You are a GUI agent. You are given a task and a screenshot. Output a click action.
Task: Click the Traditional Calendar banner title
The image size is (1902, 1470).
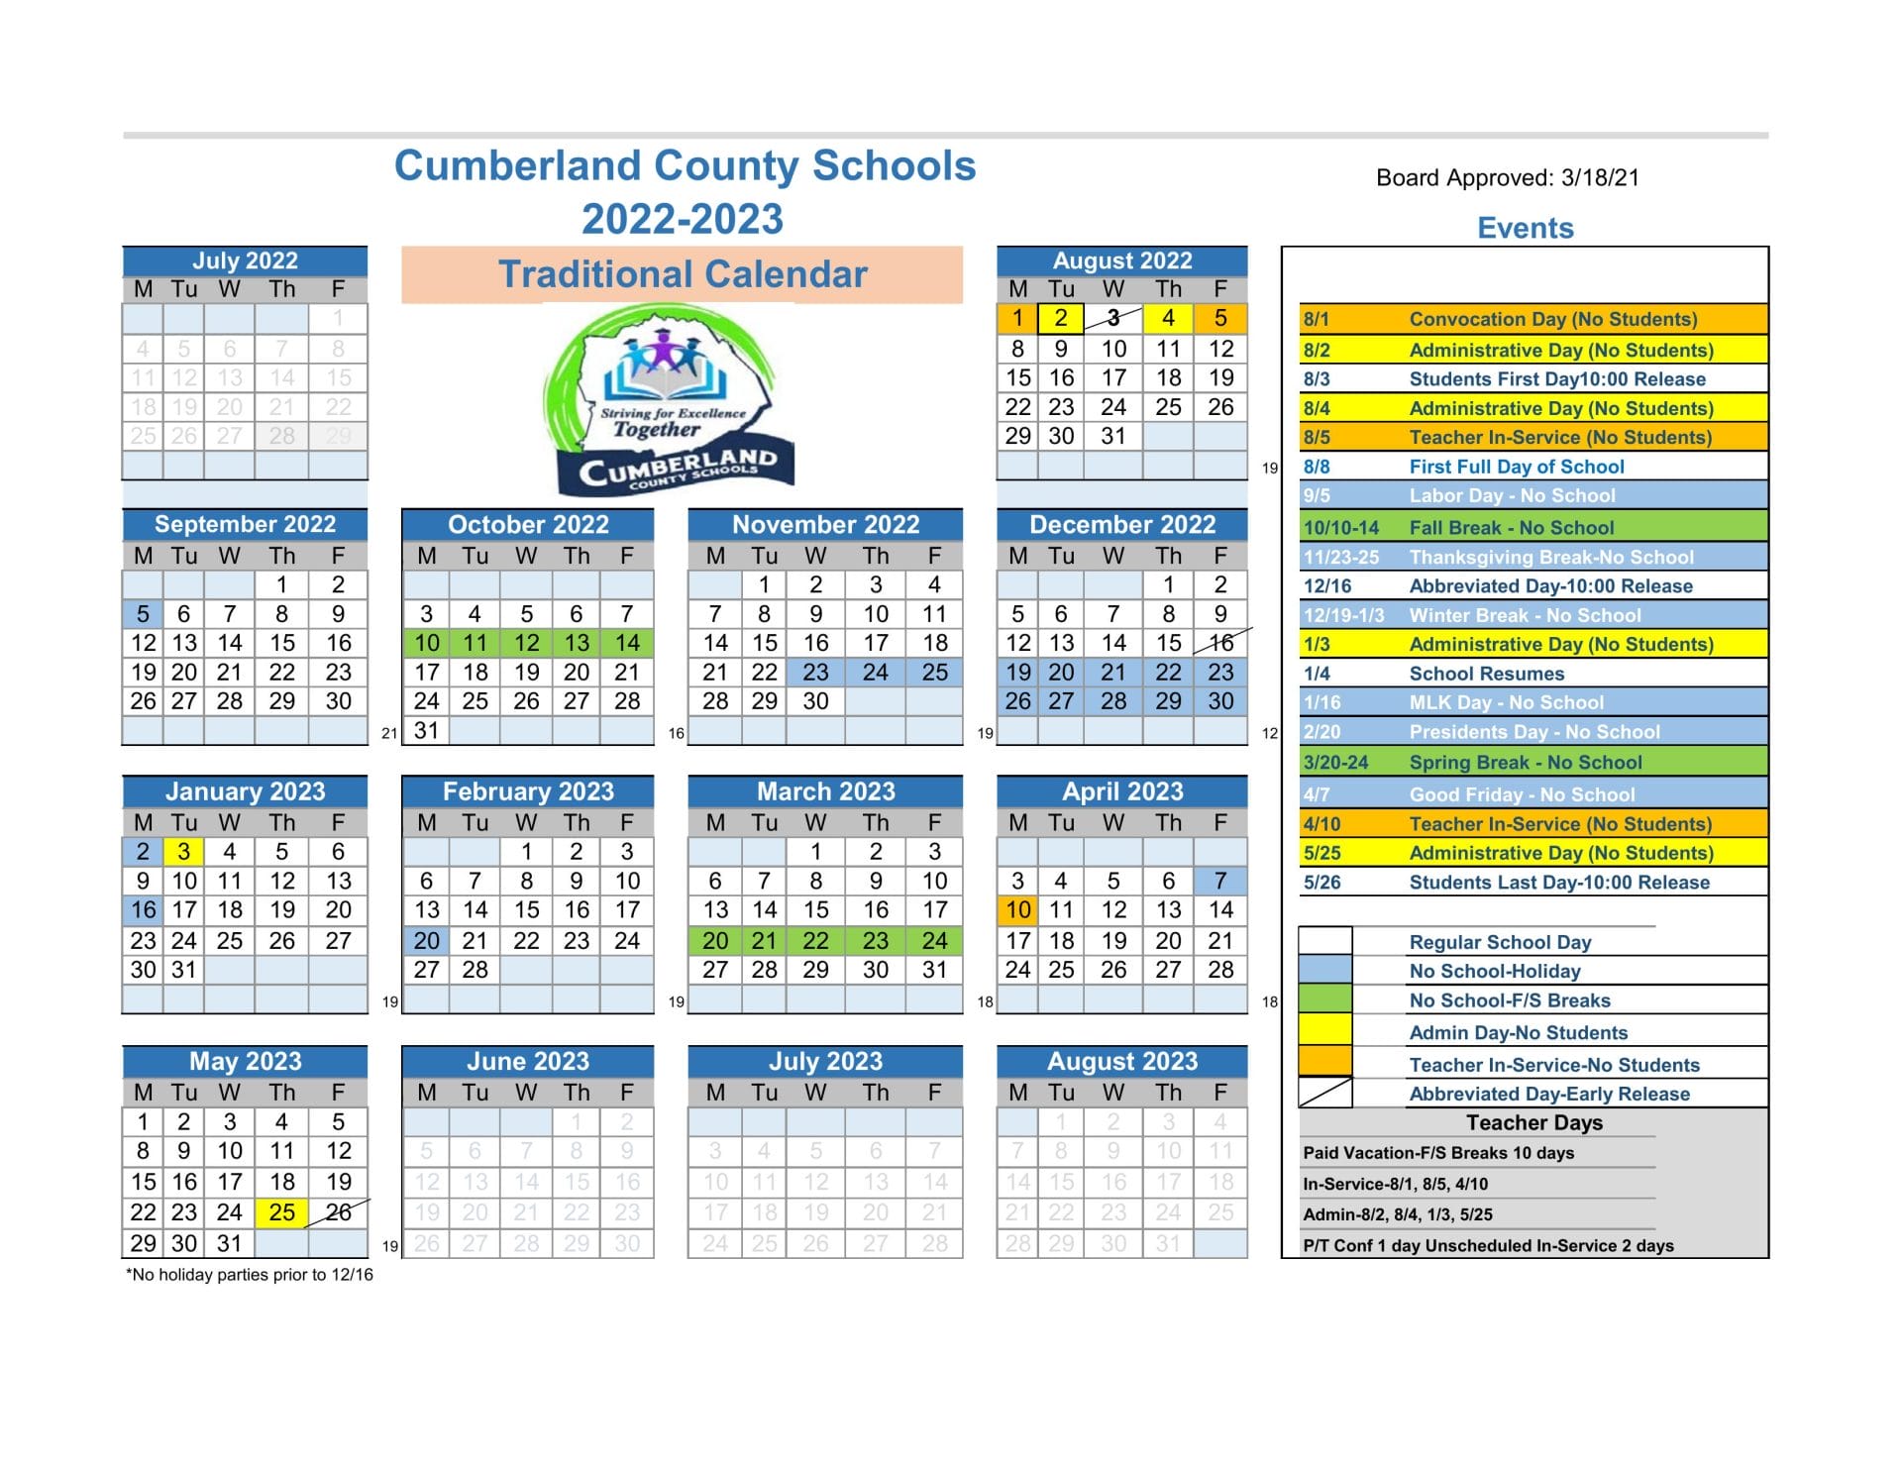pyautogui.click(x=682, y=274)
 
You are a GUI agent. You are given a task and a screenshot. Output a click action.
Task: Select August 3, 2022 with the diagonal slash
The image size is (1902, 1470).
pyautogui.click(x=1112, y=318)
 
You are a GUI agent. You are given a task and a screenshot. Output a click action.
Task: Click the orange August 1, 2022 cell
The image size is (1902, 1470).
pyautogui.click(x=1016, y=318)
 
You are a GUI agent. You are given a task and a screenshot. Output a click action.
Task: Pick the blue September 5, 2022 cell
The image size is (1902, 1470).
pyautogui.click(x=143, y=614)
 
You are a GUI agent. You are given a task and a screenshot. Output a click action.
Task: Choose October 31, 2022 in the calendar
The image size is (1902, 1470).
pyautogui.click(x=426, y=731)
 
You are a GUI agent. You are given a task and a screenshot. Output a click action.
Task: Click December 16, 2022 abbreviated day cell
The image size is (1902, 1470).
pyautogui.click(x=1220, y=643)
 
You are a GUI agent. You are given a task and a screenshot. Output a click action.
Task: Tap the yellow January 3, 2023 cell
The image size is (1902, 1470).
pyautogui.click(x=183, y=852)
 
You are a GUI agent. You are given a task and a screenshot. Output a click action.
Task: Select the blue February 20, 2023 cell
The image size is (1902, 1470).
pyautogui.click(x=426, y=941)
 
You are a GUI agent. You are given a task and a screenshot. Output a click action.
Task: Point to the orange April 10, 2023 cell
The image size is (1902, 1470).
pyautogui.click(x=1017, y=910)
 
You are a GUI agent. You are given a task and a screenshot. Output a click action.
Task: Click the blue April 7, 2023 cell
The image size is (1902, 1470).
pyautogui.click(x=1220, y=881)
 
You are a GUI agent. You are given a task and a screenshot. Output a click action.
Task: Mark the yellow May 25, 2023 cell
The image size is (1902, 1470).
pyautogui.click(x=281, y=1212)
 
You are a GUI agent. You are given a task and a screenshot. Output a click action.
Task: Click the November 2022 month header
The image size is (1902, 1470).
pyautogui.click(x=825, y=525)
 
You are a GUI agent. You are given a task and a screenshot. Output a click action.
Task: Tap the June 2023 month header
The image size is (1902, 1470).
pyautogui.click(x=527, y=1062)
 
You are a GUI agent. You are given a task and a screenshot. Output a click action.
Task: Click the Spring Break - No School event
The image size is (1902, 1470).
pyautogui.click(x=1525, y=763)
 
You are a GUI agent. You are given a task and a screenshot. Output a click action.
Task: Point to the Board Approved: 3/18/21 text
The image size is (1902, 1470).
pyautogui.click(x=1507, y=178)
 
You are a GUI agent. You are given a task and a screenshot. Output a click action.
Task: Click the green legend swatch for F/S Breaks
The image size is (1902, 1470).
pyautogui.click(x=1325, y=999)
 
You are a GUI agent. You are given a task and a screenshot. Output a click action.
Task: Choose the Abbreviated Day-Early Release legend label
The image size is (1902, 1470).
pyautogui.click(x=1549, y=1095)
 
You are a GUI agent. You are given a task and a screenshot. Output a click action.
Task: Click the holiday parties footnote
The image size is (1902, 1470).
pyautogui.click(x=250, y=1275)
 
